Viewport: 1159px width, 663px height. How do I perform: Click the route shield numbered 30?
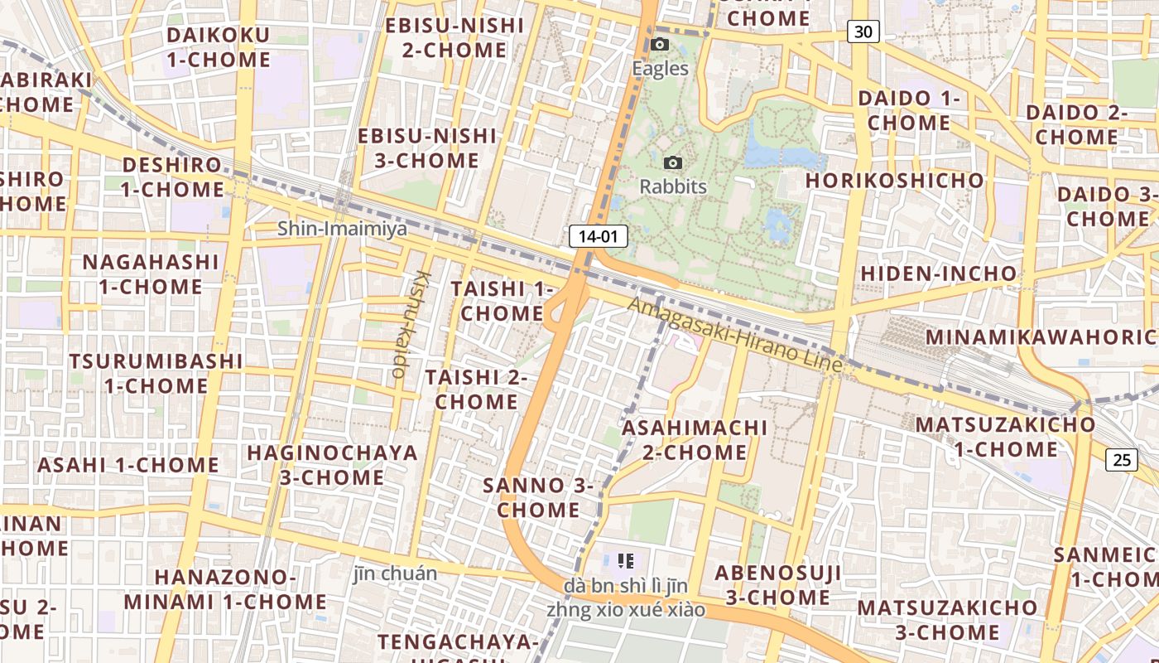point(863,32)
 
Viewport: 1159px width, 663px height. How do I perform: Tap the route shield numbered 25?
point(1122,459)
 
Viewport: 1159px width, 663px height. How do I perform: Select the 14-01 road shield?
point(598,236)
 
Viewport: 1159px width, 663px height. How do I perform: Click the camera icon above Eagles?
point(660,44)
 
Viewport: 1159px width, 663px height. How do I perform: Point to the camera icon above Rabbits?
point(673,162)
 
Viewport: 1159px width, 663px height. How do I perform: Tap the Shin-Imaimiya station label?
point(342,228)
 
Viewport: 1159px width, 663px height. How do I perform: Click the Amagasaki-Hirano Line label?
point(734,333)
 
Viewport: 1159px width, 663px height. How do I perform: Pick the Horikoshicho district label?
point(895,181)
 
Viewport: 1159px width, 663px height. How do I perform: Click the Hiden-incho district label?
point(939,273)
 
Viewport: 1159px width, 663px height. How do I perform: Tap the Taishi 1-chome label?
point(502,301)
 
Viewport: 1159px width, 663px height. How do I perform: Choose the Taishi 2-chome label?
point(477,390)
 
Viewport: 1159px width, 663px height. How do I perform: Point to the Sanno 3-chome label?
point(538,497)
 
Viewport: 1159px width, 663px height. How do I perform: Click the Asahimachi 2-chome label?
point(695,440)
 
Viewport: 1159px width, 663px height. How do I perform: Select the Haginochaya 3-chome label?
point(332,465)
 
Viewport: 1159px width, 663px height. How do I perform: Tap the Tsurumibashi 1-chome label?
point(156,373)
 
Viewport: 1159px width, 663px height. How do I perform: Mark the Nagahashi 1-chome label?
point(151,274)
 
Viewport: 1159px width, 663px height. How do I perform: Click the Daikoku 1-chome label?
point(219,47)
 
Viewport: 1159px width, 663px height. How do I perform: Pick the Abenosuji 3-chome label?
point(778,585)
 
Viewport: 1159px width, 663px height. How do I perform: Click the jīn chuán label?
point(395,573)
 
